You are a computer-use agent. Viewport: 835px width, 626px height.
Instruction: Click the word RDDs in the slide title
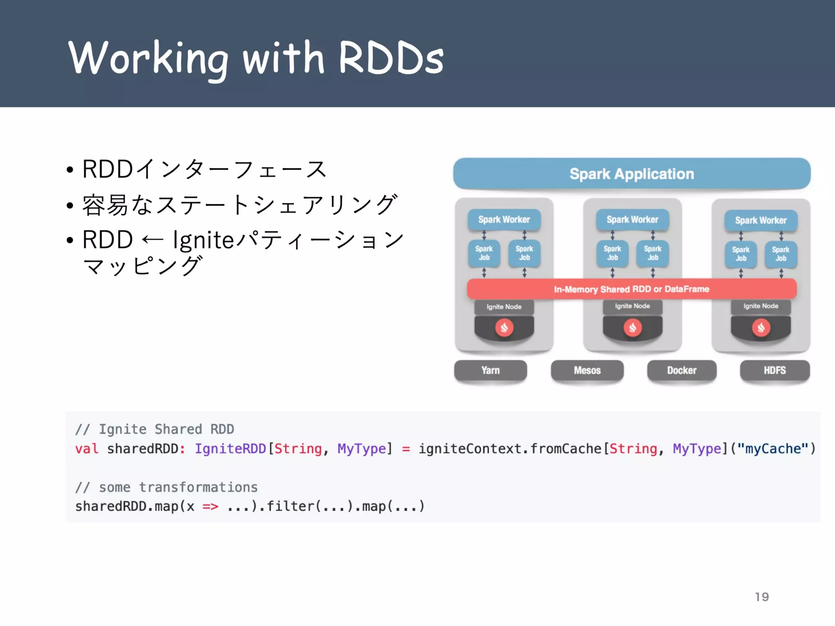pyautogui.click(x=391, y=58)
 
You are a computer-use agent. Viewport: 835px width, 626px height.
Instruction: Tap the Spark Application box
pyautogui.click(x=632, y=174)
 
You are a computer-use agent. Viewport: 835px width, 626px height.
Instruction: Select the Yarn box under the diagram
pyautogui.click(x=490, y=370)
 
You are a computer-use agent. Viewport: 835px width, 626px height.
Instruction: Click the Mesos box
pyautogui.click(x=587, y=370)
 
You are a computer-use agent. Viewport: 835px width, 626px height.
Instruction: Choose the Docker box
pyautogui.click(x=681, y=370)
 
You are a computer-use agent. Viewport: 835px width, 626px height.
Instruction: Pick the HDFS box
pyautogui.click(x=775, y=370)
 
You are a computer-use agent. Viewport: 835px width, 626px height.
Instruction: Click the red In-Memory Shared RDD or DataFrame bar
pyautogui.click(x=632, y=289)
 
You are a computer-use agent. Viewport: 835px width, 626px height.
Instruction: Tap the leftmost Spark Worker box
pyautogui.click(x=504, y=220)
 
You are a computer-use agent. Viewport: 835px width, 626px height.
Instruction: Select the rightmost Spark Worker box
pyautogui.click(x=760, y=220)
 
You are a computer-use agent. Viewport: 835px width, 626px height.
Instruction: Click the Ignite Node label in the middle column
pyautogui.click(x=632, y=306)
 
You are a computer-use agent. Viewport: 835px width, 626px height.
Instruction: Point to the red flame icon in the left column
pyautogui.click(x=504, y=328)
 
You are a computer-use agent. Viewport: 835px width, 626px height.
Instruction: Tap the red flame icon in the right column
pyautogui.click(x=761, y=328)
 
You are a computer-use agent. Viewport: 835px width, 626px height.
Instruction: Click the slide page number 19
pyautogui.click(x=762, y=597)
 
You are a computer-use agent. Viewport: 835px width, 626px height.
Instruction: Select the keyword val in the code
pyautogui.click(x=86, y=449)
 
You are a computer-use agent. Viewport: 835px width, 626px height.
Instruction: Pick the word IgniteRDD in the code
pyautogui.click(x=230, y=449)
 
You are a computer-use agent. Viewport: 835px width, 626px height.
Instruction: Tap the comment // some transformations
pyautogui.click(x=166, y=487)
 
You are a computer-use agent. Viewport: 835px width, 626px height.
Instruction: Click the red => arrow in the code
pyautogui.click(x=210, y=507)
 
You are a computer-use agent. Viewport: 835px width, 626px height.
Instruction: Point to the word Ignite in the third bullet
pyautogui.click(x=203, y=240)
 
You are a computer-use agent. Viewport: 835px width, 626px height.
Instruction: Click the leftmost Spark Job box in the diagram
pyautogui.click(x=484, y=253)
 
